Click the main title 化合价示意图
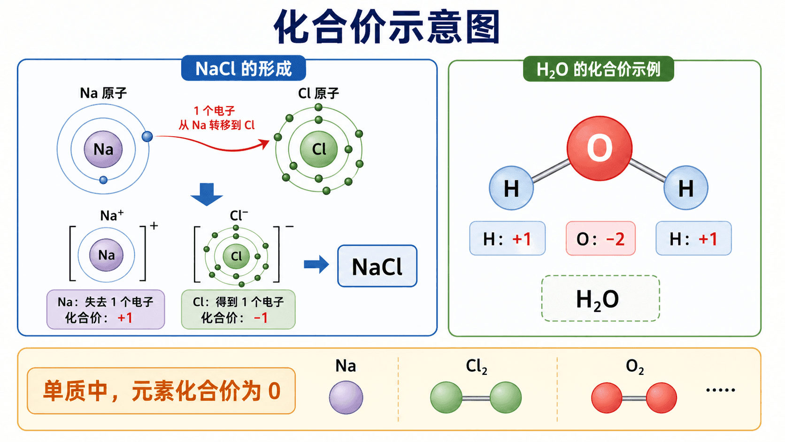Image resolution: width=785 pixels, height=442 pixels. [x=387, y=27]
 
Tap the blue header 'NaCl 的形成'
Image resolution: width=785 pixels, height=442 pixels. [x=244, y=69]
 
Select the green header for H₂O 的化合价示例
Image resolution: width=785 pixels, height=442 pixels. [x=598, y=69]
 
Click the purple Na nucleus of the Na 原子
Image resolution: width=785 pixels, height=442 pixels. [x=103, y=149]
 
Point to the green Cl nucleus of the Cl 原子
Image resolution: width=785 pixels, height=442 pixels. [x=319, y=149]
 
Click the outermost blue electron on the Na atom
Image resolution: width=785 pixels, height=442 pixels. [x=147, y=136]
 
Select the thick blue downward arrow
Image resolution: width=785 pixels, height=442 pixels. [x=207, y=194]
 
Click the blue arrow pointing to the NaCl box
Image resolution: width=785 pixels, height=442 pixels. [x=316, y=264]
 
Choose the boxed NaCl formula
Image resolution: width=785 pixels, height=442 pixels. [x=377, y=266]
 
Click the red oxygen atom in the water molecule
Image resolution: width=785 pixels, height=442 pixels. [x=600, y=148]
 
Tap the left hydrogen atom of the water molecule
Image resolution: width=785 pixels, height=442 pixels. [x=511, y=188]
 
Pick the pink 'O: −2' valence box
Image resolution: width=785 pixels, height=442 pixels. [x=600, y=238]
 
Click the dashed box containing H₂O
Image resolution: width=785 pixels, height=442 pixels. [x=600, y=298]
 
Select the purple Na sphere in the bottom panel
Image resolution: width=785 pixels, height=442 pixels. [x=346, y=397]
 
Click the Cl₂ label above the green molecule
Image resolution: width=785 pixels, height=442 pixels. [x=476, y=367]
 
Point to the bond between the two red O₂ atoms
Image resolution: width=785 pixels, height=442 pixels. [x=634, y=398]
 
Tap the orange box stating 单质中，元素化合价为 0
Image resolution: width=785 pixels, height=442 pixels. [x=161, y=391]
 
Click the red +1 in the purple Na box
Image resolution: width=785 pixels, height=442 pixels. [x=125, y=318]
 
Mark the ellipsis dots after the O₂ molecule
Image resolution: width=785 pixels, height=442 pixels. [x=721, y=390]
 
